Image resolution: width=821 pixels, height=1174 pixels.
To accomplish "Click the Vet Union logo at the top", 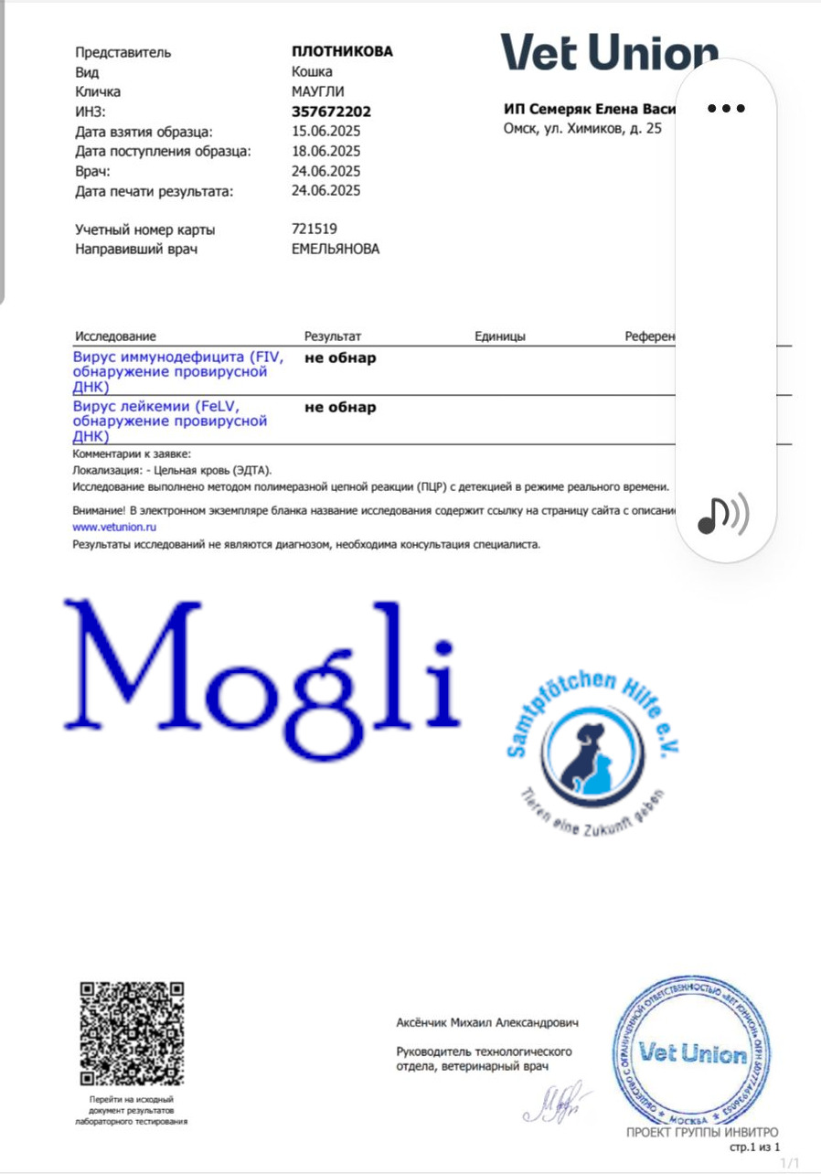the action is coord(608,53).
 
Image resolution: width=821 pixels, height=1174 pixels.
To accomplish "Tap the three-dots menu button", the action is coord(726,108).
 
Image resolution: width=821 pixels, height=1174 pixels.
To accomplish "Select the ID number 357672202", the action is coord(331,112).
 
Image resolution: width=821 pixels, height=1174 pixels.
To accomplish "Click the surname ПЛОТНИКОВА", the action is coord(342,51).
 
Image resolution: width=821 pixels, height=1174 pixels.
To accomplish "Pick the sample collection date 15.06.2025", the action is coord(325,132).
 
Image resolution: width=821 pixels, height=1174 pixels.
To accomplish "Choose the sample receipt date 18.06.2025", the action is coord(325,151).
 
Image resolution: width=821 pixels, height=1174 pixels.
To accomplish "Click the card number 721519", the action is coord(314,229).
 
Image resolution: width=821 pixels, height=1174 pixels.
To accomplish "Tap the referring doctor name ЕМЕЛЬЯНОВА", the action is coord(335,249).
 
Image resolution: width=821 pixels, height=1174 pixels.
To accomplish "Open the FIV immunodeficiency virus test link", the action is coord(178,372).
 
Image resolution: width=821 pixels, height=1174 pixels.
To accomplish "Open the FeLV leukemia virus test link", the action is coord(170,421).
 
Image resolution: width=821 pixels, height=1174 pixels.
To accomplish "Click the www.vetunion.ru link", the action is coord(114,528).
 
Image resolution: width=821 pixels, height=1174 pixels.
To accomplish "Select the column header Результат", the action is coord(333,336).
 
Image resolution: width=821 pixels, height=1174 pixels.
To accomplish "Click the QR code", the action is coord(132,1033).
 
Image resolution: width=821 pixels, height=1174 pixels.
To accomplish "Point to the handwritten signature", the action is coord(557,1103).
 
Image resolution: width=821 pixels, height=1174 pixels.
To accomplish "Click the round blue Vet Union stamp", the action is coord(692,1052).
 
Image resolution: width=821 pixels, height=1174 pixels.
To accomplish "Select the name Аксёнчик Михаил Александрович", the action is coord(486,1022).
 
